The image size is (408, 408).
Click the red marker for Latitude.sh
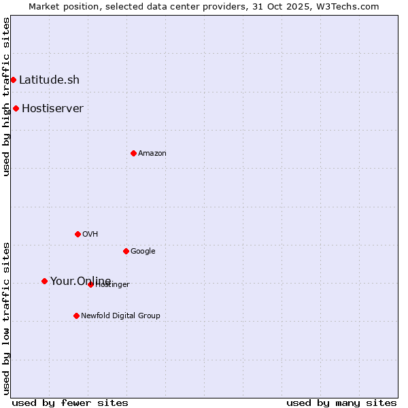point(13,80)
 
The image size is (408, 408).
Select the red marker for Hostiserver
point(16,108)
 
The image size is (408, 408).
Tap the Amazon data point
point(133,153)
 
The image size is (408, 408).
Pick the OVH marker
point(78,234)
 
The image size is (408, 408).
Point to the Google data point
point(126,251)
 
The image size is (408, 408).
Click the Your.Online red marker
point(44,281)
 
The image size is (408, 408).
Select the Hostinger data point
point(90,284)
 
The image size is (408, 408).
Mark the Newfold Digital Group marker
point(76,316)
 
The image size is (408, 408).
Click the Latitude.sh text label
point(49,80)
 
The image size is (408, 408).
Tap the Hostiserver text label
point(52,108)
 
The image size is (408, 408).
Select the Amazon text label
point(152,153)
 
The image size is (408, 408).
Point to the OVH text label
point(90,234)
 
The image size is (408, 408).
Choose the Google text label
point(143,251)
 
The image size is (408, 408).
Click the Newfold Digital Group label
point(120,316)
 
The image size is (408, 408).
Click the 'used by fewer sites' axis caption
point(70,403)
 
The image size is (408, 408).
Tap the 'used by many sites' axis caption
point(341,403)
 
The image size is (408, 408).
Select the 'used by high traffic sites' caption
point(6,97)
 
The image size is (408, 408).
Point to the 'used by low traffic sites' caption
point(6,318)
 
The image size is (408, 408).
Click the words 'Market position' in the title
point(60,6)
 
